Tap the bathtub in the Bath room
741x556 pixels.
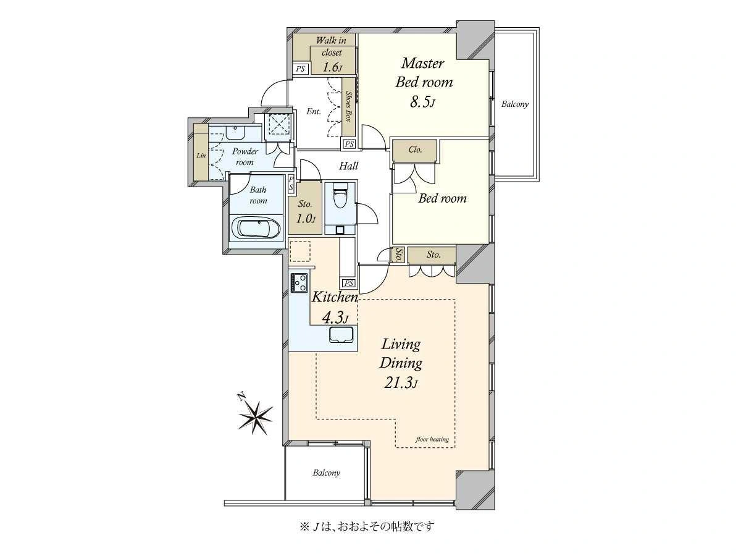click(259, 228)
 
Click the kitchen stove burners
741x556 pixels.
click(299, 282)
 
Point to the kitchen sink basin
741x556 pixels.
click(341, 335)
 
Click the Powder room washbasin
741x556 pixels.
click(235, 132)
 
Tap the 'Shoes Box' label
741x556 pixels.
click(348, 106)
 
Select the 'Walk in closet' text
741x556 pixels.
click(332, 46)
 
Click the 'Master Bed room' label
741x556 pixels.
click(424, 72)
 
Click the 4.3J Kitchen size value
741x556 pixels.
click(335, 318)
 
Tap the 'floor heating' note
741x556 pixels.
click(432, 439)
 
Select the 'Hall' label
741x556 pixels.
click(349, 166)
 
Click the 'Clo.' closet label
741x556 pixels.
click(415, 150)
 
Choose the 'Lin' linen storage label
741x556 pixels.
click(201, 156)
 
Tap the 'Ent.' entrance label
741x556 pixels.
click(314, 111)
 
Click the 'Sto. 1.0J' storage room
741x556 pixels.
click(305, 208)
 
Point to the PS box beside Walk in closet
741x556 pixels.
click(301, 69)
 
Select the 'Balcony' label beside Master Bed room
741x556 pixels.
click(515, 104)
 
